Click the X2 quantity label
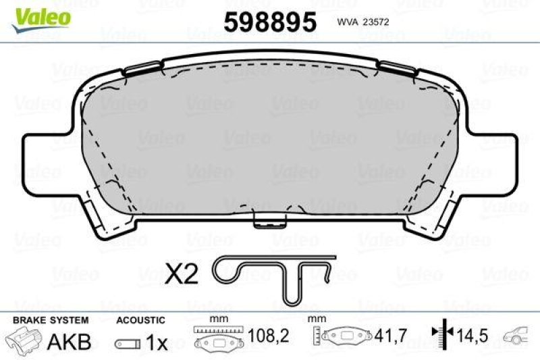(x=182, y=274)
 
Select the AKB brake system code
(x=68, y=342)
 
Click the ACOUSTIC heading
(x=140, y=319)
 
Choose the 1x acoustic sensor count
(x=156, y=342)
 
